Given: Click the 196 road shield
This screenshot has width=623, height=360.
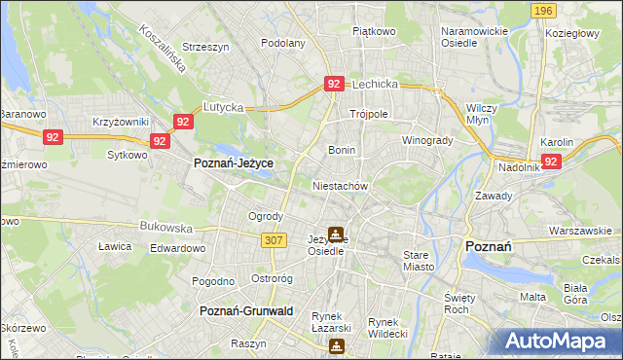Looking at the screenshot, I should [544, 10].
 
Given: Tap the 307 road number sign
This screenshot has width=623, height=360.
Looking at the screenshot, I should [274, 239].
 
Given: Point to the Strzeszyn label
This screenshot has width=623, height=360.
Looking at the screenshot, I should [204, 46].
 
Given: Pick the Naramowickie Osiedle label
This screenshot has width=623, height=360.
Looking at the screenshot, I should [474, 37].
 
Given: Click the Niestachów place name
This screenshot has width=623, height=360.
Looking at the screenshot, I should [340, 185].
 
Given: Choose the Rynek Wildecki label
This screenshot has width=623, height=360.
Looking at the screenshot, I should [387, 328].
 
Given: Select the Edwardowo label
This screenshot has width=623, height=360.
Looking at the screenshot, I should [177, 248].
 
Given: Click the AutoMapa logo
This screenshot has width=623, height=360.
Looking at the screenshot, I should [559, 341].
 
